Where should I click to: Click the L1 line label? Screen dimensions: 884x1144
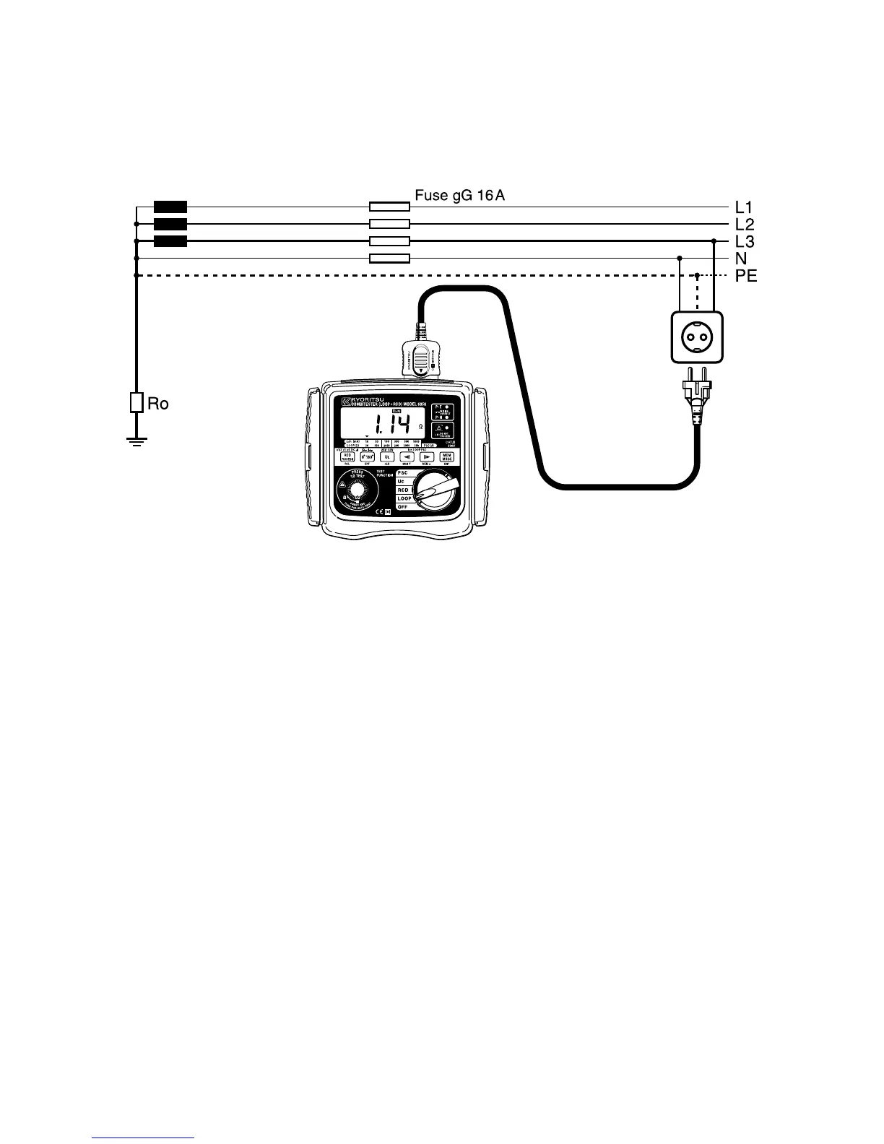coord(745,207)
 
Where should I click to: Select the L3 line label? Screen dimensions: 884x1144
coord(745,241)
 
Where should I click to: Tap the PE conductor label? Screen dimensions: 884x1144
coord(746,276)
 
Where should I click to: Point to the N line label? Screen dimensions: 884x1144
coord(741,259)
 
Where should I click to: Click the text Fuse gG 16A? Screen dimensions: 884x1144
coord(459,195)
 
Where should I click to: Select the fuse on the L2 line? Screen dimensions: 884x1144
coord(389,224)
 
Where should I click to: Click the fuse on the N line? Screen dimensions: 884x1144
coord(389,259)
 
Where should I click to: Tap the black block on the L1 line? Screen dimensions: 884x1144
coord(170,207)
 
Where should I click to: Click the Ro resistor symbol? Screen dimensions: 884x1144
coord(136,403)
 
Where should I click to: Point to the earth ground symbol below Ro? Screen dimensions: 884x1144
coord(136,441)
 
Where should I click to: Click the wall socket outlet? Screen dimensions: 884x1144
coord(696,337)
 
